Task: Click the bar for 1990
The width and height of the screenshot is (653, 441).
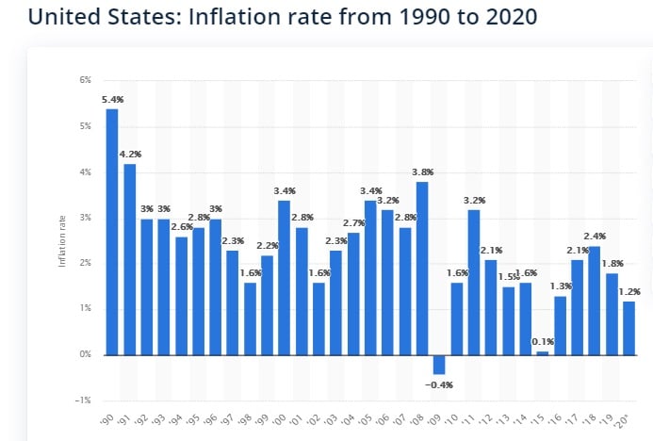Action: coord(112,232)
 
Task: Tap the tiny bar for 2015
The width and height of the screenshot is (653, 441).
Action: coord(542,352)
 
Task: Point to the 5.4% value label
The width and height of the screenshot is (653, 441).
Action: coord(112,99)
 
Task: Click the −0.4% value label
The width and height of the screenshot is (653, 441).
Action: coord(439,384)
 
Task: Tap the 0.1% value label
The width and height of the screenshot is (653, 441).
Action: coord(542,341)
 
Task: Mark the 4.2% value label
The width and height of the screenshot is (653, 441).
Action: coord(129,154)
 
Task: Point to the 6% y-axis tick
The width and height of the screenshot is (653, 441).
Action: coord(86,81)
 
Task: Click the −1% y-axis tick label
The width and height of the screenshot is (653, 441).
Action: coord(84,400)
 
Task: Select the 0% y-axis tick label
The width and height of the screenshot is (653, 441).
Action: coord(86,355)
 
